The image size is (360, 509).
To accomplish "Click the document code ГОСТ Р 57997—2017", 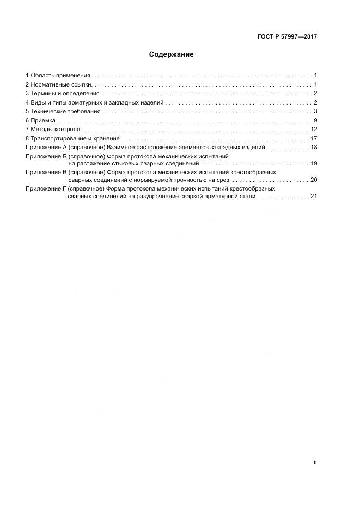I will tap(287, 37).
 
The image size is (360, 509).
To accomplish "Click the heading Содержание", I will tap(171, 54).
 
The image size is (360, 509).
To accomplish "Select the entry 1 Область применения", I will tap(58, 75).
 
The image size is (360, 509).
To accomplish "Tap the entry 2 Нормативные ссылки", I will tap(60, 84).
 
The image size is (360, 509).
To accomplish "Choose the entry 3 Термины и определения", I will tap(62, 94).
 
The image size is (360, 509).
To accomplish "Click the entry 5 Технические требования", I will tap(63, 112).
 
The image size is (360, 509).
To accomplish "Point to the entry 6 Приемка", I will tap(40, 120).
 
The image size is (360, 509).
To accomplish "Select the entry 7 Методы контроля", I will tap(53, 130).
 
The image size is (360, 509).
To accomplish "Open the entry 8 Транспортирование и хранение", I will tap(72, 138).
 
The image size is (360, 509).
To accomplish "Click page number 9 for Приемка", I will tap(315, 120).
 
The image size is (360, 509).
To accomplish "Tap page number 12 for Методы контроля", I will tap(314, 130).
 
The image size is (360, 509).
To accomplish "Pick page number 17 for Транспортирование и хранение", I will tap(314, 138).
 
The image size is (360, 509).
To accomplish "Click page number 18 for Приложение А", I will tap(314, 148).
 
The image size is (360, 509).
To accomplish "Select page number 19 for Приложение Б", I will tap(314, 164).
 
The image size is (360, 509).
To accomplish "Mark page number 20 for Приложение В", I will tap(314, 180).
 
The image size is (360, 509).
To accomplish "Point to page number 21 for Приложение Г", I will tap(314, 197).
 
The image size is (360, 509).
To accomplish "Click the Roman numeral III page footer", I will tap(314, 462).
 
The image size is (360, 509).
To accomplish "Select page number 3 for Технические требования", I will tap(315, 112).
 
